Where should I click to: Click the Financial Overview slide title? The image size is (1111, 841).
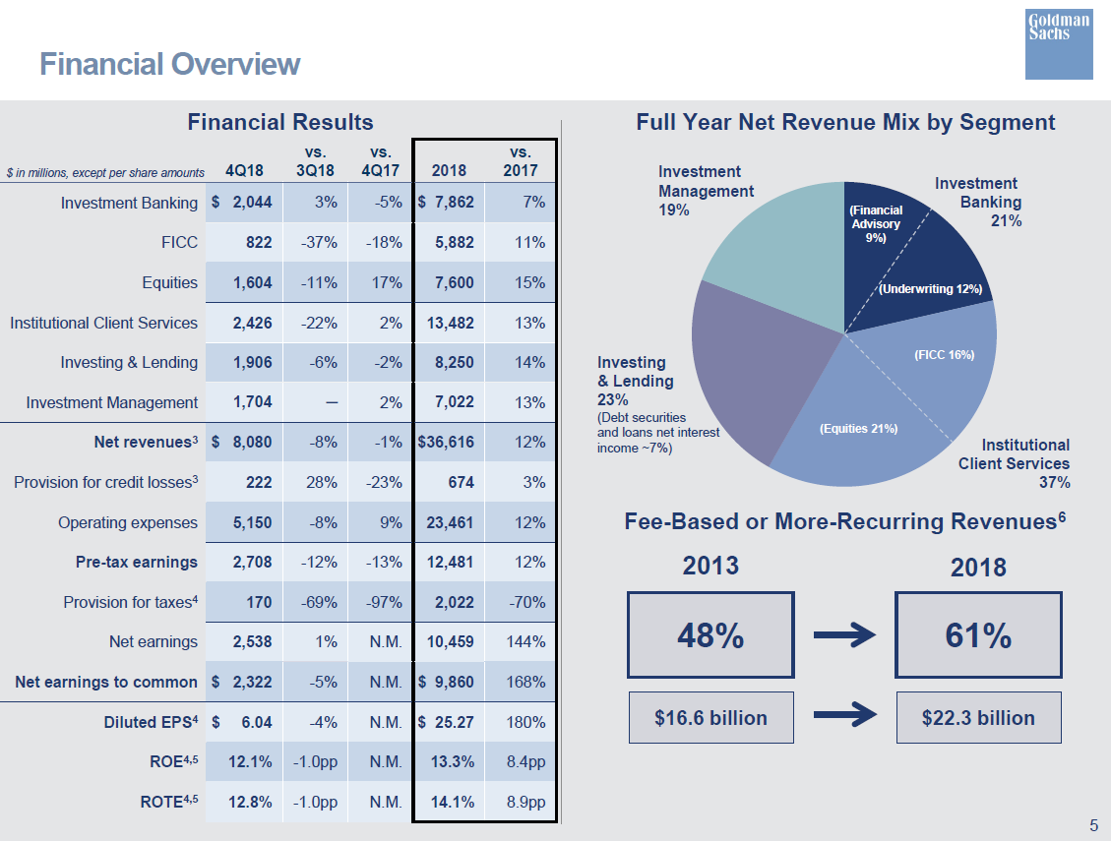pyautogui.click(x=169, y=64)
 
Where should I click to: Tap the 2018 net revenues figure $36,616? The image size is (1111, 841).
pyautogui.click(x=446, y=443)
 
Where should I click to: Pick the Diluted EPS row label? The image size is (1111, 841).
pyautogui.click(x=151, y=722)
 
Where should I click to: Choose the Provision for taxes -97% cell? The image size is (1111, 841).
pyautogui.click(x=383, y=602)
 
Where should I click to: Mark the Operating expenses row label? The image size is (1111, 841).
pyautogui.click(x=128, y=522)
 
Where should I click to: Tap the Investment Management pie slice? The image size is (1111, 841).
pyautogui.click(x=777, y=256)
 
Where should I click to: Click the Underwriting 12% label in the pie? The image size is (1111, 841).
pyautogui.click(x=930, y=289)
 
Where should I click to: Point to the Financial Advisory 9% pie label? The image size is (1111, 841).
pyautogui.click(x=875, y=224)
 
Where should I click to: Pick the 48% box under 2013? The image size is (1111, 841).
pyautogui.click(x=710, y=635)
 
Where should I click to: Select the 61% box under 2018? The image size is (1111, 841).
pyautogui.click(x=978, y=635)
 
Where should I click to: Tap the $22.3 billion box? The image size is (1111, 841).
pyautogui.click(x=978, y=718)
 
